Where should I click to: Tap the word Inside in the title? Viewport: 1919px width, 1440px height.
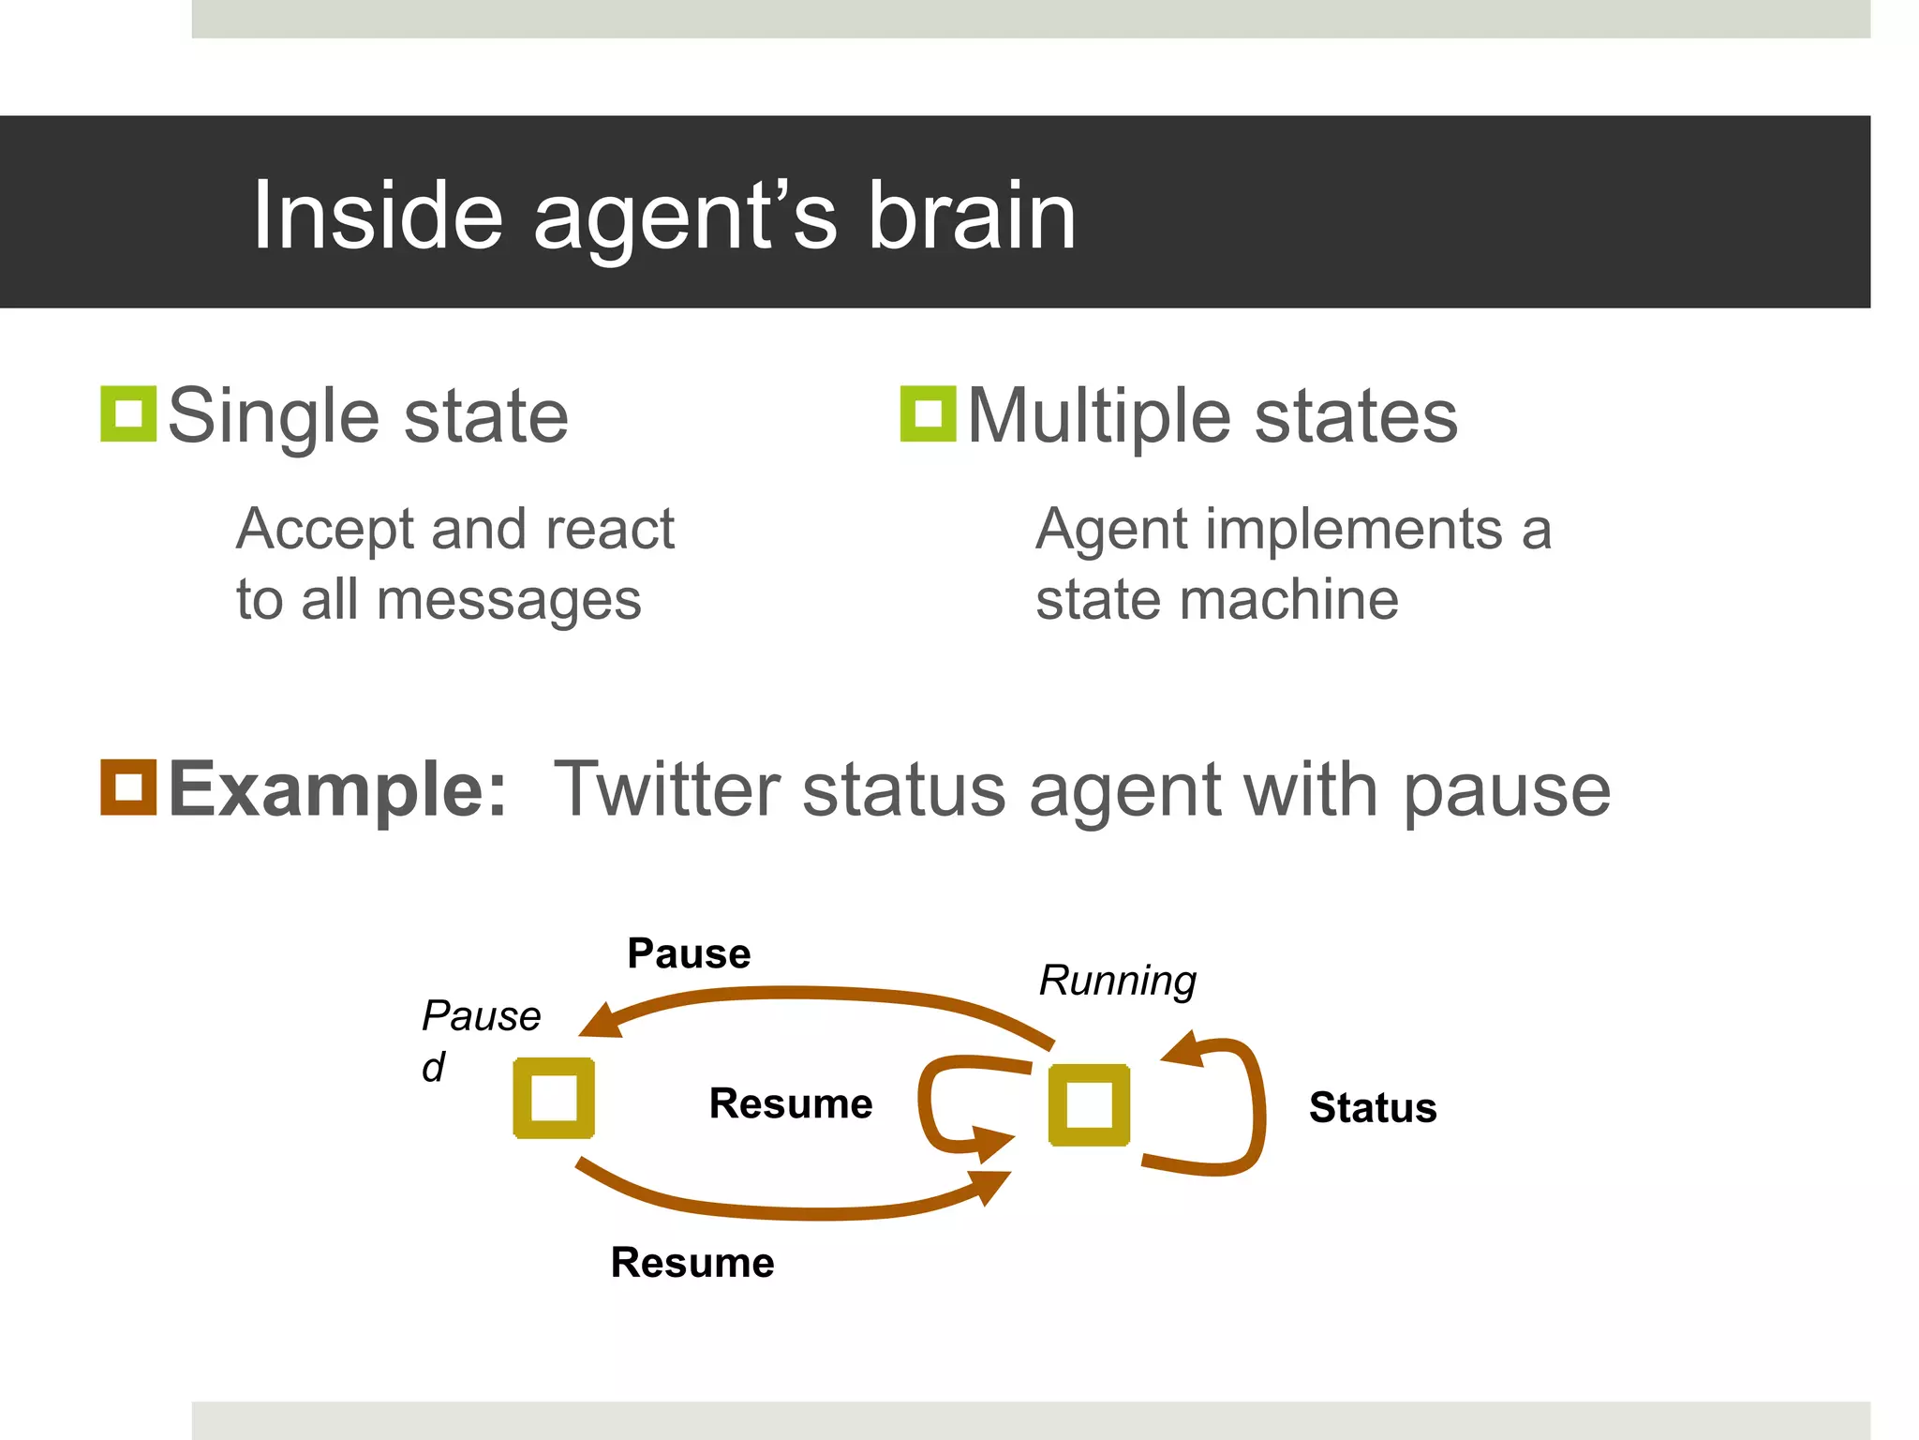(378, 217)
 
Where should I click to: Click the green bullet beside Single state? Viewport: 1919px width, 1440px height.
(128, 413)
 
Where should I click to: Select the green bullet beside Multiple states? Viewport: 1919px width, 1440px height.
(928, 413)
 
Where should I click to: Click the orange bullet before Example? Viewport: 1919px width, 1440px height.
(128, 787)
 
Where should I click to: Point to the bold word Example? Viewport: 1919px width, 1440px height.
(337, 789)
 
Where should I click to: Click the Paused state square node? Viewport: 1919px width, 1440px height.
(554, 1098)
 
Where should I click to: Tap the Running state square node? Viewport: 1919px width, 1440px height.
(1089, 1104)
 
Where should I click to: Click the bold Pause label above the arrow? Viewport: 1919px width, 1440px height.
(689, 953)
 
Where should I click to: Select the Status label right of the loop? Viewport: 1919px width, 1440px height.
(1372, 1107)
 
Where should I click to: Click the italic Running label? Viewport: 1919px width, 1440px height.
(1118, 981)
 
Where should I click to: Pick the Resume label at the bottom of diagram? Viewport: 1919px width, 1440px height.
(692, 1262)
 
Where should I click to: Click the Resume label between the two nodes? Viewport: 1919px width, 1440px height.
(791, 1103)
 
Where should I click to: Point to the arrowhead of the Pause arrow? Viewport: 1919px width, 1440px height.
(601, 1022)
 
